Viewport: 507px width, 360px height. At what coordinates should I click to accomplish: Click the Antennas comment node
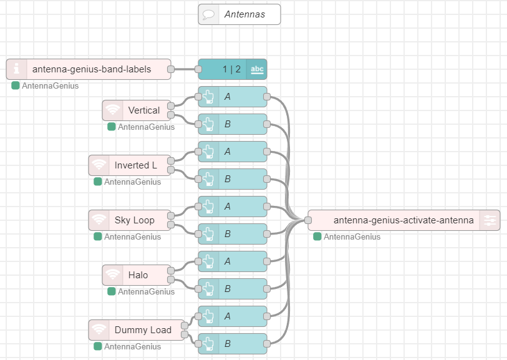pyautogui.click(x=239, y=14)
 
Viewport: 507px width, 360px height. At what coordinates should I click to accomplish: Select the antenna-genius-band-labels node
pyautogui.click(x=89, y=69)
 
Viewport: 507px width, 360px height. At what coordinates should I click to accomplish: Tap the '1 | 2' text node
pyautogui.click(x=233, y=69)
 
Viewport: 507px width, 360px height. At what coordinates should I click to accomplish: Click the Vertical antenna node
pyautogui.click(x=137, y=110)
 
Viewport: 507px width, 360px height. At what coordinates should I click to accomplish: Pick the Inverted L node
pyautogui.click(x=130, y=165)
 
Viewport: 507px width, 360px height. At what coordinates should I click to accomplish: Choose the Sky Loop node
pyautogui.click(x=130, y=220)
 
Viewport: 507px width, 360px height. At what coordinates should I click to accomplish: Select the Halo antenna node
pyautogui.click(x=137, y=275)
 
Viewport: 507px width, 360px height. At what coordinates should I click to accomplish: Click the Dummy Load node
pyautogui.click(x=137, y=330)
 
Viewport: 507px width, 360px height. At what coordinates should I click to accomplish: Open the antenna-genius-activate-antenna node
pyautogui.click(x=404, y=220)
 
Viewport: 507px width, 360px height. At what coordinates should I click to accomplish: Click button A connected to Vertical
pyautogui.click(x=233, y=97)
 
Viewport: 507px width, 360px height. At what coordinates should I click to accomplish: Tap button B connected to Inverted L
pyautogui.click(x=233, y=179)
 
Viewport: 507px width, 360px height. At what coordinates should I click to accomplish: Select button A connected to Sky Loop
pyautogui.click(x=233, y=207)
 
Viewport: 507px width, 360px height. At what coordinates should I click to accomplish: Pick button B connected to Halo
pyautogui.click(x=233, y=289)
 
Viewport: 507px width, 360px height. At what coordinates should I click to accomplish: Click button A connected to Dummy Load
pyautogui.click(x=233, y=316)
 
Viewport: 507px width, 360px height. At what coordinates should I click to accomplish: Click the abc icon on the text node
pyautogui.click(x=257, y=69)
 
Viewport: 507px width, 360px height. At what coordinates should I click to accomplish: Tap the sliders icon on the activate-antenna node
pyautogui.click(x=490, y=220)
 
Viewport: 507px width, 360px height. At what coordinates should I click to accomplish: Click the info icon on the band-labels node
pyautogui.click(x=16, y=69)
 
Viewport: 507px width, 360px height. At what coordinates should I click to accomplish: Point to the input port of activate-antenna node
pyautogui.click(x=308, y=220)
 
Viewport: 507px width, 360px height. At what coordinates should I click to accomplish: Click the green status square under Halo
pyautogui.click(x=112, y=291)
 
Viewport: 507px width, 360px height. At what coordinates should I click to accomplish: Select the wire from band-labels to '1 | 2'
pyautogui.click(x=185, y=69)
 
